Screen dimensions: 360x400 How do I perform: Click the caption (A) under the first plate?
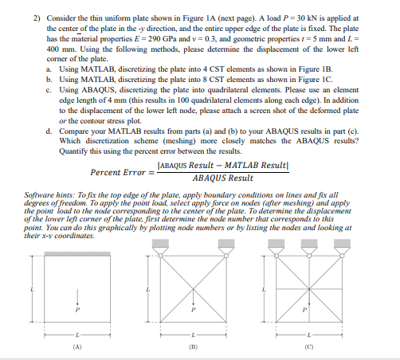[x=76, y=346]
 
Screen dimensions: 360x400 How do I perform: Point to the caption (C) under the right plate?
[x=308, y=346]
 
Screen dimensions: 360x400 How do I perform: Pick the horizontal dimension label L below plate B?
[x=190, y=334]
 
